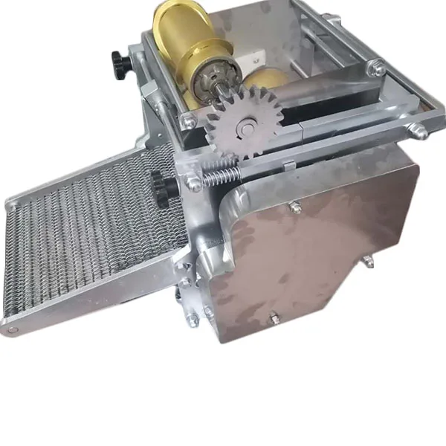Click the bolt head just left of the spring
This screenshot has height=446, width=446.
[x=195, y=181]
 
